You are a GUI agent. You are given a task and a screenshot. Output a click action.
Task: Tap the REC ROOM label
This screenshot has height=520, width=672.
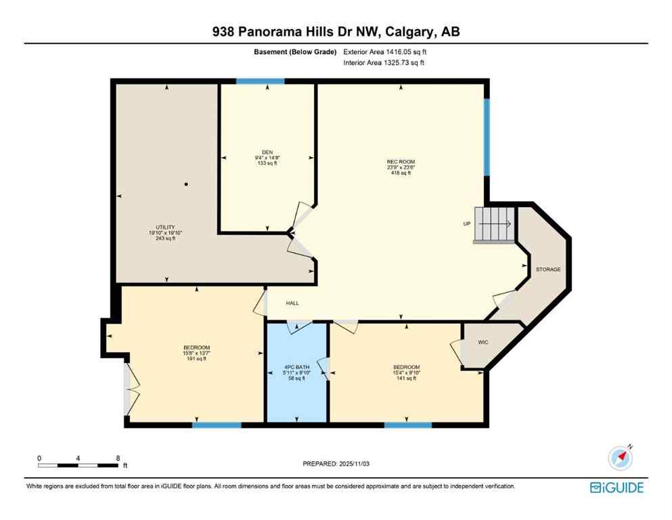(400, 161)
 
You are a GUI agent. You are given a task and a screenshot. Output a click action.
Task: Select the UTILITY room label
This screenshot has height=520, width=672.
(166, 227)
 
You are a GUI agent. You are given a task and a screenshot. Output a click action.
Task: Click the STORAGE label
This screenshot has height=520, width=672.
(548, 269)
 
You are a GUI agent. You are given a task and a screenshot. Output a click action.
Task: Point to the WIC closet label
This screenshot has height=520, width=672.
(483, 343)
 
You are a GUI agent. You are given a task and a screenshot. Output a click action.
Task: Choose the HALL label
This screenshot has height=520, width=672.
(292, 303)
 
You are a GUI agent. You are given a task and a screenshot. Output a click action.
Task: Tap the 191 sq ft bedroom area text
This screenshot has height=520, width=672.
(196, 359)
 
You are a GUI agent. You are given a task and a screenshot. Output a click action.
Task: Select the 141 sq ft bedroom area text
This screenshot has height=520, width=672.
(406, 378)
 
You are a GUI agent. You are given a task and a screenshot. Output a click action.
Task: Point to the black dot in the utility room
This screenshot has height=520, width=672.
(186, 184)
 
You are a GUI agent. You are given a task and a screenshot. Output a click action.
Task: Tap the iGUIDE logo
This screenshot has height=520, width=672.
(616, 487)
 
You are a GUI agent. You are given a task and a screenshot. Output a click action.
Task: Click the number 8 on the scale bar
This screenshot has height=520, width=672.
(118, 458)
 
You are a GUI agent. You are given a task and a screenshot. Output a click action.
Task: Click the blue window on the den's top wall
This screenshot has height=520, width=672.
(260, 82)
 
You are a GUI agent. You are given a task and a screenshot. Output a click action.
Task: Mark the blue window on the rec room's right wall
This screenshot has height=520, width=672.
(486, 137)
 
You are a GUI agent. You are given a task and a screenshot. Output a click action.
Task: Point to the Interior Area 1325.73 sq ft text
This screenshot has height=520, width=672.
(385, 63)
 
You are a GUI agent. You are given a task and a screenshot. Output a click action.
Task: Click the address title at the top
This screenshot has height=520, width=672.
(336, 31)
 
